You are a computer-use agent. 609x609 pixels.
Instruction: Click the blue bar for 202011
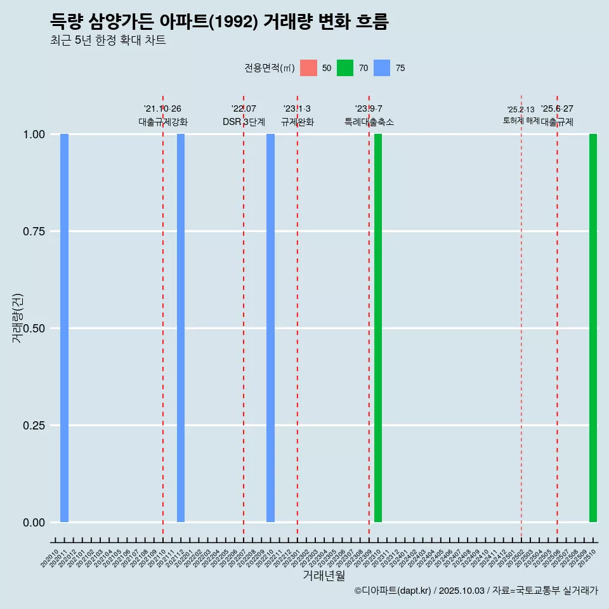coord(64,328)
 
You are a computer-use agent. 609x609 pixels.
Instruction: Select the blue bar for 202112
coord(181,328)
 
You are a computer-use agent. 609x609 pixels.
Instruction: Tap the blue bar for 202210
coord(270,328)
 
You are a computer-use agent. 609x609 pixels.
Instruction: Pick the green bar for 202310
coord(378,328)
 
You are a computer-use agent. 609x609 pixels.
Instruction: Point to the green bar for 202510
coord(593,328)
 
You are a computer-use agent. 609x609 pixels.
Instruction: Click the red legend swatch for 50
coord(308,68)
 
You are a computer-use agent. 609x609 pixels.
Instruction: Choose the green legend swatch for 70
coord(345,68)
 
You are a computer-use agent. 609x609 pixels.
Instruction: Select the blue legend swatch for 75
coord(382,68)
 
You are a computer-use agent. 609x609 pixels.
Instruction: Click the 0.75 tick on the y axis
coord(34,232)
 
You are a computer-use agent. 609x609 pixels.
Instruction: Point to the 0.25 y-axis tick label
coord(34,426)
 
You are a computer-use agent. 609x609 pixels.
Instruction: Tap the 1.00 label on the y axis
coord(34,134)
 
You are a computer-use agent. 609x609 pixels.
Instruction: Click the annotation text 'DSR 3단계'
coord(244,122)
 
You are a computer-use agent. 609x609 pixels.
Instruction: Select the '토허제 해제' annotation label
coord(521,120)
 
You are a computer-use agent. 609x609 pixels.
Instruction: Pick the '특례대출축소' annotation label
coord(369,122)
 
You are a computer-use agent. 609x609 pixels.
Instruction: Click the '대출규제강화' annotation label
coord(163,122)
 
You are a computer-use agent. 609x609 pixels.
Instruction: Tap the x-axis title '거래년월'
coord(324,576)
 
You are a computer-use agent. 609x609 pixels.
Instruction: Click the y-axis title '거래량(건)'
coord(18,318)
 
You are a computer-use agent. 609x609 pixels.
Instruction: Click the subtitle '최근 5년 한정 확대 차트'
coord(108,41)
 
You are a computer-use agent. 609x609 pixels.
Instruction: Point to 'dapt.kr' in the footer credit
coord(414,591)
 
